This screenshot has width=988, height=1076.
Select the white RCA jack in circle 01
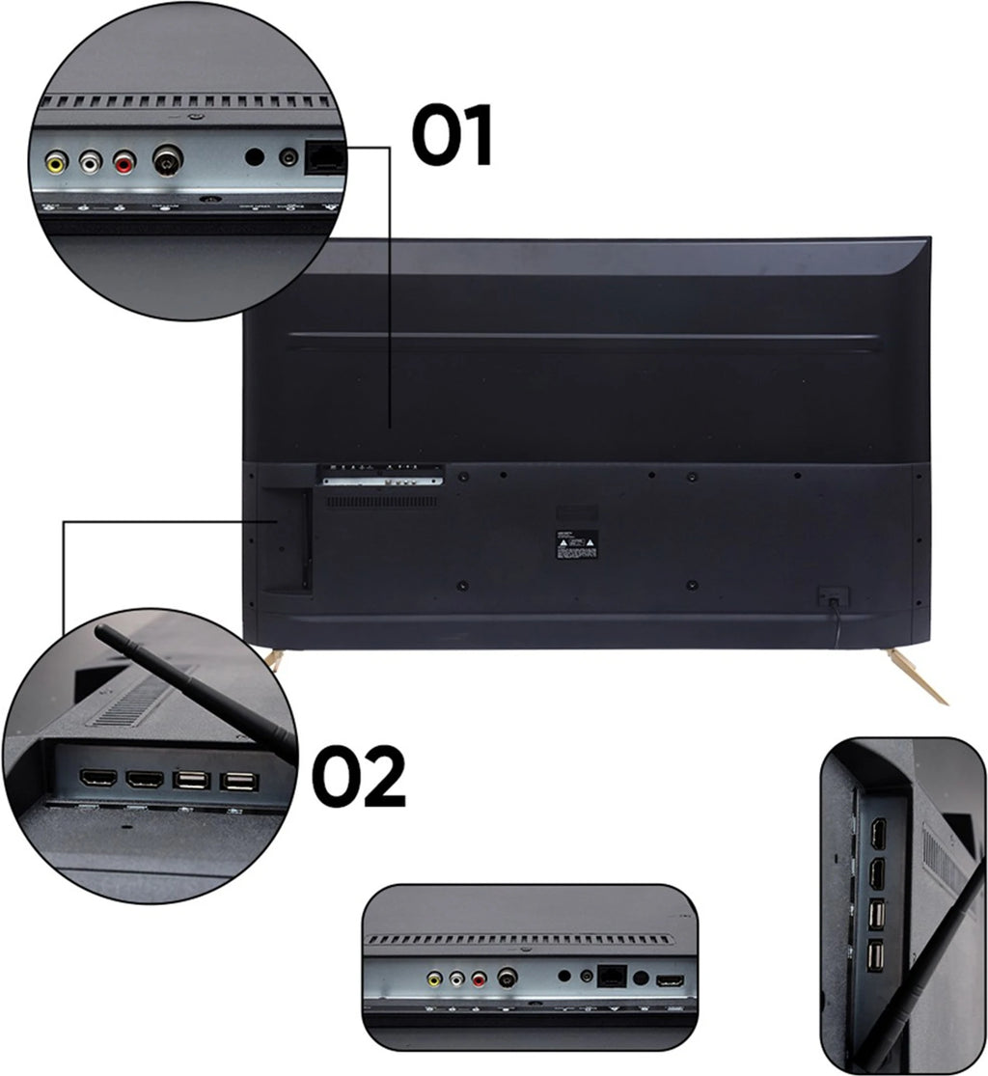click(90, 161)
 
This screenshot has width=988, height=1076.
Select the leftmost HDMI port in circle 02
click(97, 779)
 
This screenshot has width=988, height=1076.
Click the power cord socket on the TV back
click(827, 596)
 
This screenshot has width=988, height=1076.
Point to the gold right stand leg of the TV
click(918, 675)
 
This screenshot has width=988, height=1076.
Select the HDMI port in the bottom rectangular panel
click(670, 980)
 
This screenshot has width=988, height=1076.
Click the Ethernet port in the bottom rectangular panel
click(612, 976)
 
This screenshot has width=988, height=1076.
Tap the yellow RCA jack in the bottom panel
click(434, 979)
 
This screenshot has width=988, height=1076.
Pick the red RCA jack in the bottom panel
click(480, 979)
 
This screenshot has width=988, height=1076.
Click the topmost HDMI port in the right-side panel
click(878, 834)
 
